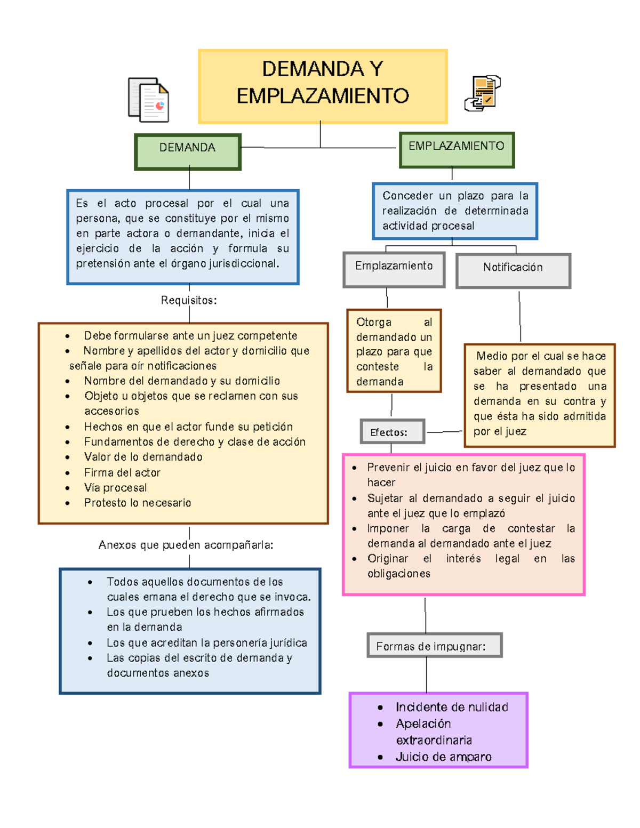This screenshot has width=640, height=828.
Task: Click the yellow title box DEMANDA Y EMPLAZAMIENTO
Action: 322,86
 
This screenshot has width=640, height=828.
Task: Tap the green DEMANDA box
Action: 188,151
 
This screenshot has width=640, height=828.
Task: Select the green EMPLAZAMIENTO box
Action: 457,150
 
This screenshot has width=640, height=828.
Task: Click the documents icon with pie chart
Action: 149,100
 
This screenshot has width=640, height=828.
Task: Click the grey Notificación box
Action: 513,270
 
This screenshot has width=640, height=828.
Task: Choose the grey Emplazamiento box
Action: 394,269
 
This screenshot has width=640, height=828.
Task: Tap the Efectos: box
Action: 392,431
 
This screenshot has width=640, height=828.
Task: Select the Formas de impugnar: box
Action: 434,646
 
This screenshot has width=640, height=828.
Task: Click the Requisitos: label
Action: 189,300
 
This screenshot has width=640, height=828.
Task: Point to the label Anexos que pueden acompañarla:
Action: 186,545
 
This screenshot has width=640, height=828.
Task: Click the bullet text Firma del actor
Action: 122,472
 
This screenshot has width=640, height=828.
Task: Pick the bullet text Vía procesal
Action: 116,487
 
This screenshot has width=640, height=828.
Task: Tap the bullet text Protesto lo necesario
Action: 138,502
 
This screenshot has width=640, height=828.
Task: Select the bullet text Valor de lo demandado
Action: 143,457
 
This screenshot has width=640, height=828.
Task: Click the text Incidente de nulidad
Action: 452,707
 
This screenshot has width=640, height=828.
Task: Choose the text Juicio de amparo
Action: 443,757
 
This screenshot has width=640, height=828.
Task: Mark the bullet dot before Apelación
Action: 380,724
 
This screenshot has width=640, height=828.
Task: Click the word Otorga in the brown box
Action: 374,322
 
